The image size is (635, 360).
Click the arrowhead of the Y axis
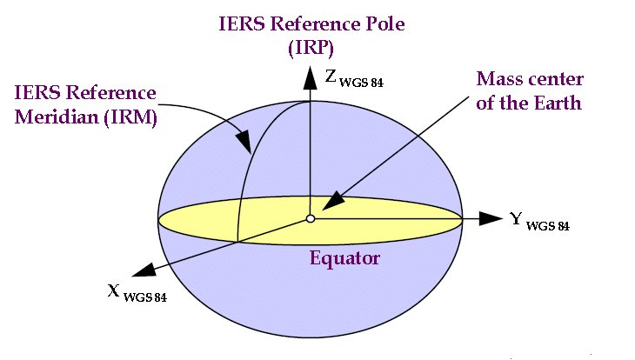tap(491, 217)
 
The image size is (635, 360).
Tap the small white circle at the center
tap(310, 217)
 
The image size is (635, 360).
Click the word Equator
tap(345, 257)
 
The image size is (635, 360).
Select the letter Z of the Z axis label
tap(331, 77)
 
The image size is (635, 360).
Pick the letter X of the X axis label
tap(113, 289)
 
